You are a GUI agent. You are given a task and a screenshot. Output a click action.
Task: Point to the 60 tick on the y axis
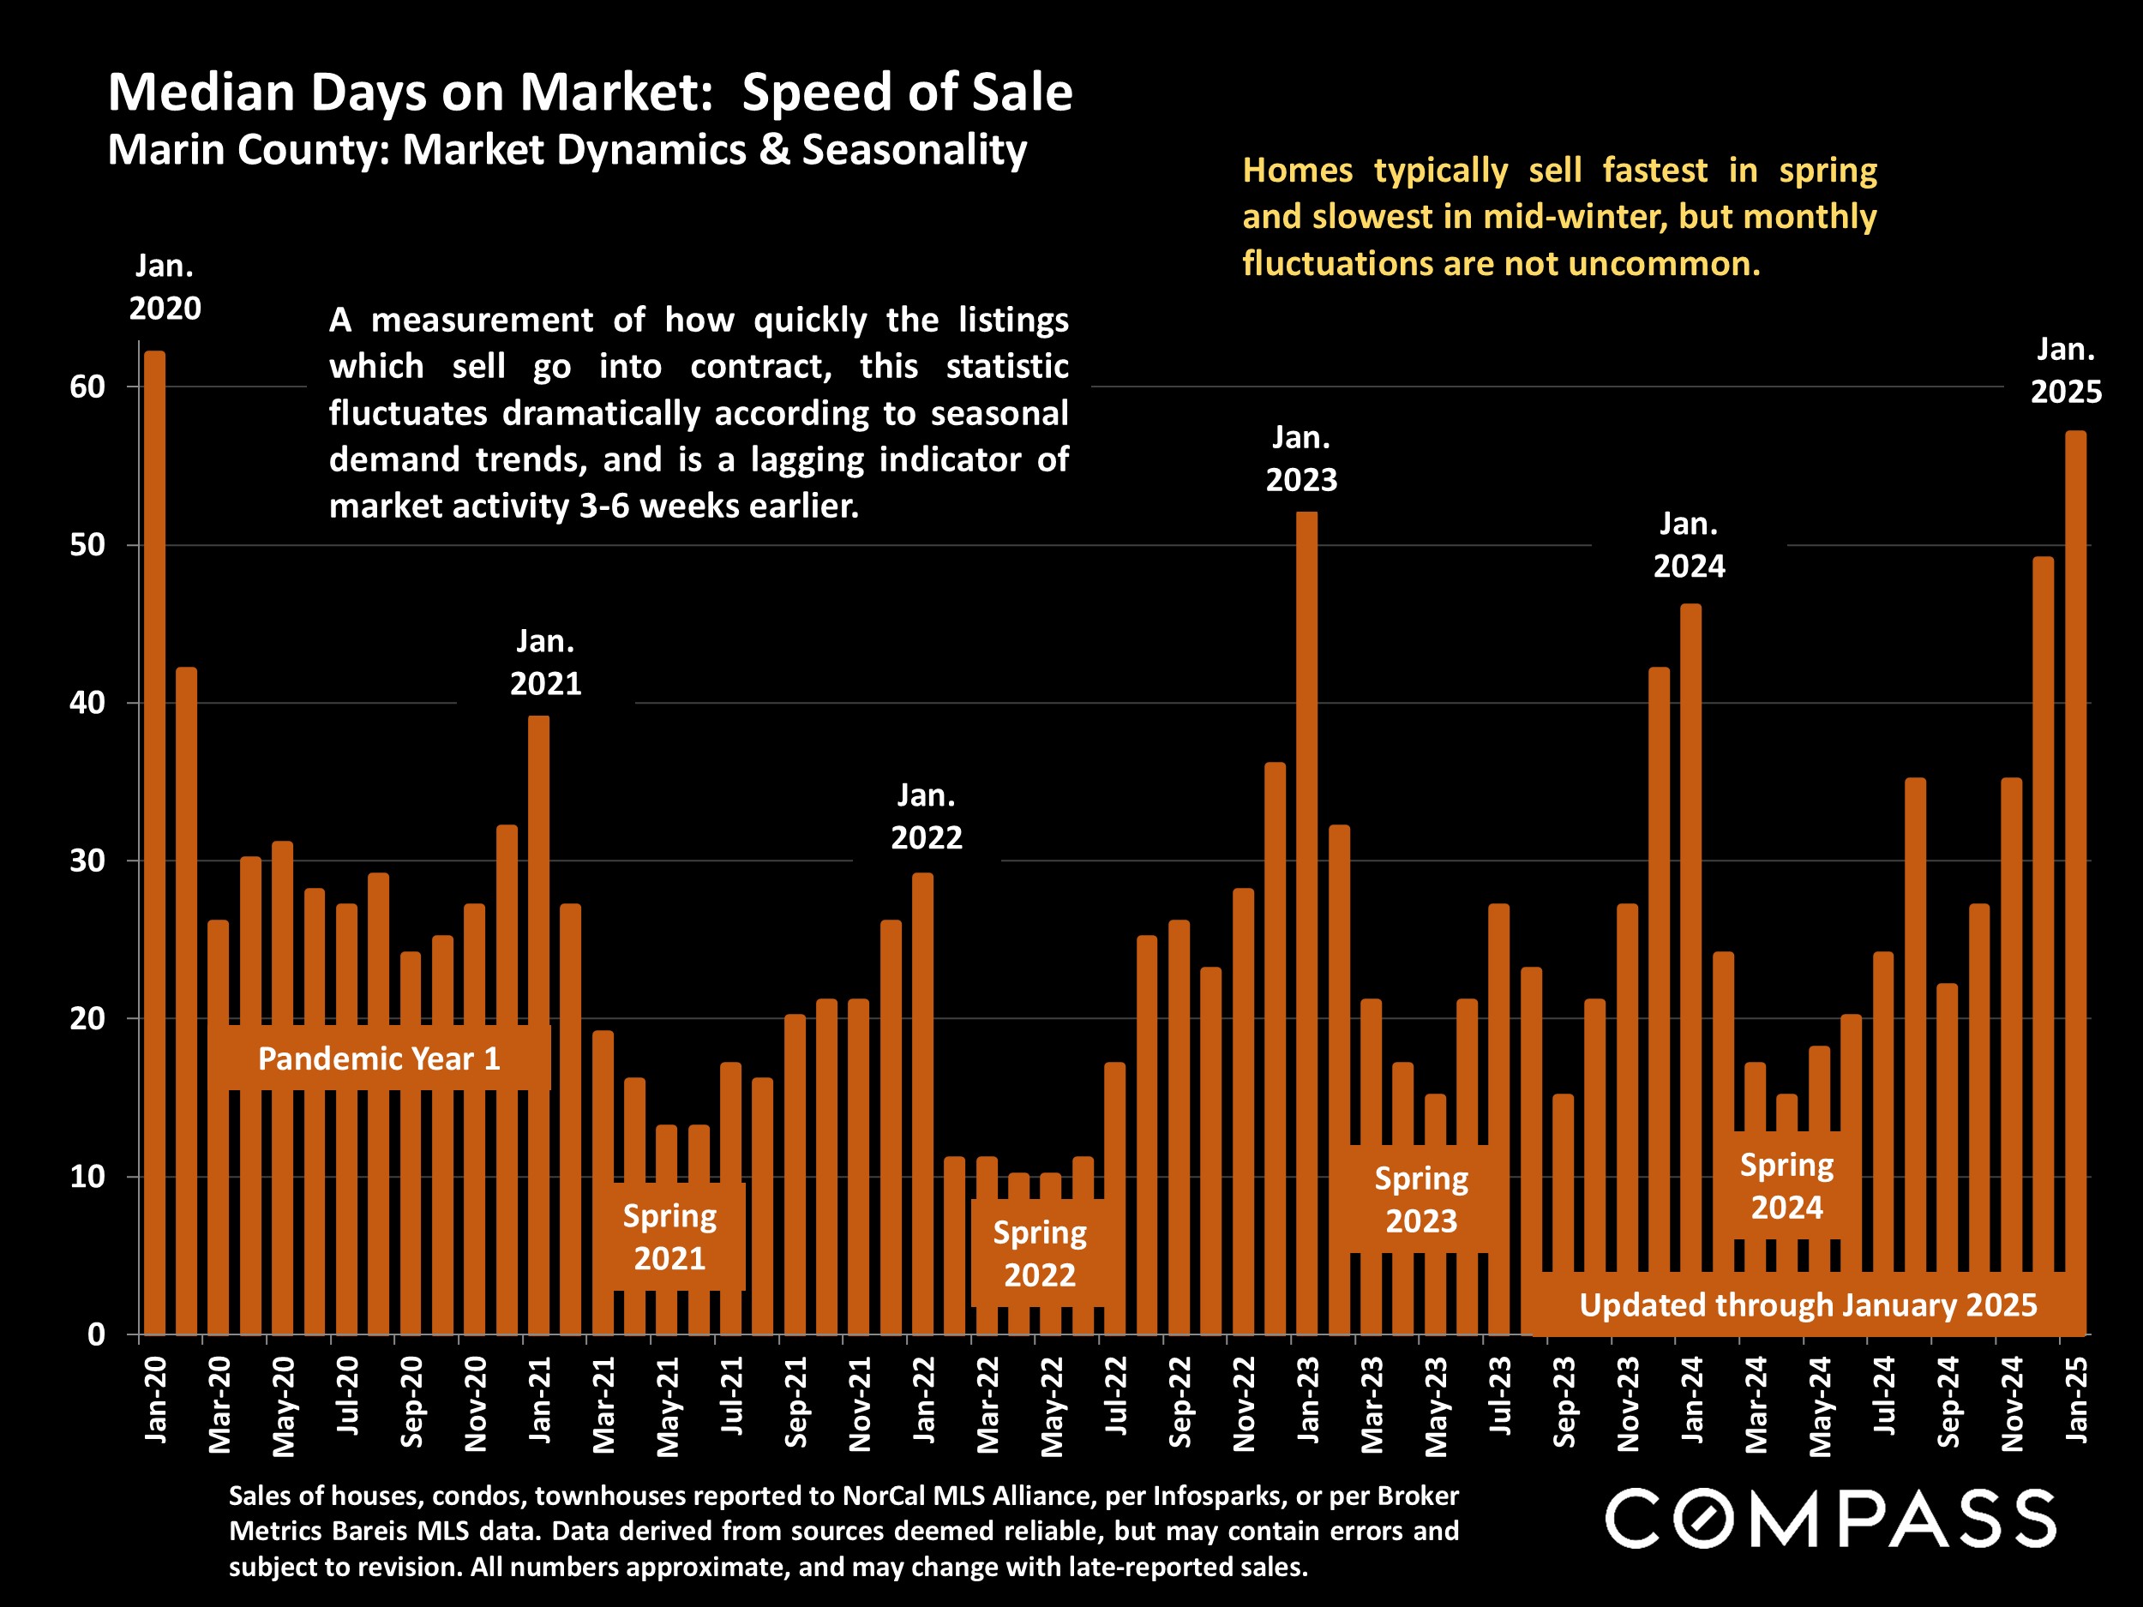coord(87,387)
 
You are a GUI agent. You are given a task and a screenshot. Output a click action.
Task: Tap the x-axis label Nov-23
coord(1628,1404)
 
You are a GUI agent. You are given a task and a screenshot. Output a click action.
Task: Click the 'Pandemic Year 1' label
coord(379,1058)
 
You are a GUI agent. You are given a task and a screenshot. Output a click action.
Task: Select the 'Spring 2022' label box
coord(1040,1253)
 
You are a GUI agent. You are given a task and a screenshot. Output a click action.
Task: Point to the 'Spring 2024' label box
coord(1786,1185)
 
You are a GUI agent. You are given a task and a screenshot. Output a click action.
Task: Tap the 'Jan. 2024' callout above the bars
coord(1689,545)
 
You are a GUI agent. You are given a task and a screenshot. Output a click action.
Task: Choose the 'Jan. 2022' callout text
coord(926,817)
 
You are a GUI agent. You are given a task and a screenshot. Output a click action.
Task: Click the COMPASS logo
coord(1830,1519)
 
